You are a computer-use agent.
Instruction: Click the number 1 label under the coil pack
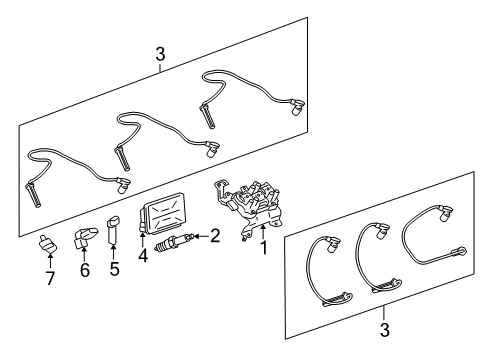pos(265,245)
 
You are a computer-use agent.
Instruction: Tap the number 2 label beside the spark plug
pos(213,236)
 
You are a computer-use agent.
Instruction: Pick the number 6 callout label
pos(84,270)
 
